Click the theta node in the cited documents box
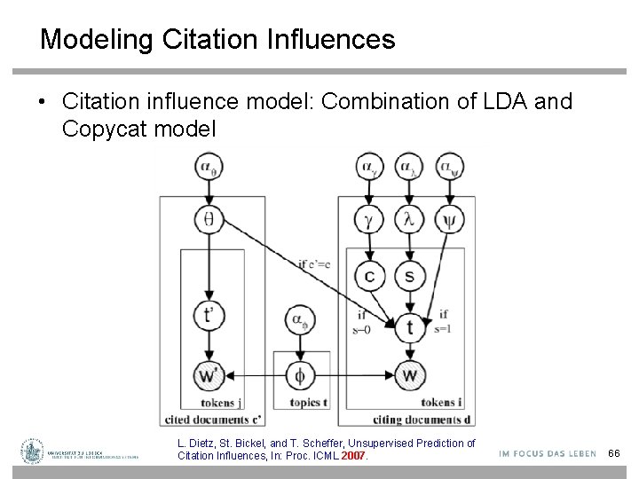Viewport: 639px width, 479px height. pos(209,217)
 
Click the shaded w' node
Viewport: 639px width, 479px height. pos(209,376)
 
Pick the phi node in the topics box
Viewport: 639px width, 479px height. pos(299,376)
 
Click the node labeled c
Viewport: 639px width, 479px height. pos(369,277)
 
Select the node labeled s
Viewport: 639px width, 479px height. pos(408,277)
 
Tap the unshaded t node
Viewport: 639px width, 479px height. pos(408,326)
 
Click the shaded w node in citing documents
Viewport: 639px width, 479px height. pos(408,376)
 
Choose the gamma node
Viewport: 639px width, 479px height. pos(369,217)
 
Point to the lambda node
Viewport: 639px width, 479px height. pos(408,217)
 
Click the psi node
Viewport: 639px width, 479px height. pos(448,217)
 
